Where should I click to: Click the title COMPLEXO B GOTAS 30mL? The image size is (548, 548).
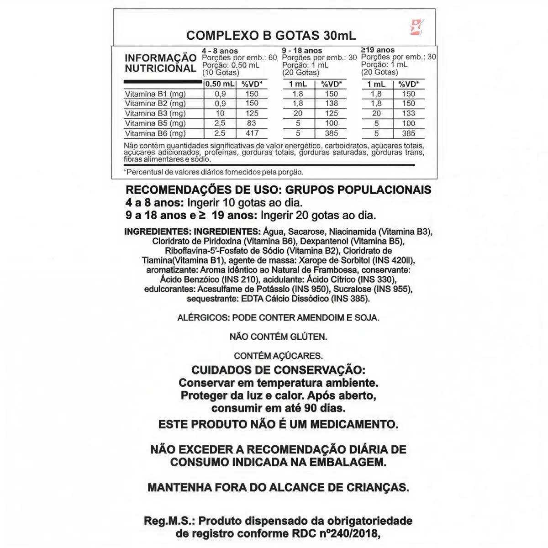pyautogui.click(x=271, y=36)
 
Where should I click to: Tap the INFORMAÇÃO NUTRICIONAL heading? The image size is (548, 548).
pyautogui.click(x=161, y=63)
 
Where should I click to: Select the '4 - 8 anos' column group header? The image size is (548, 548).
pyautogui.click(x=220, y=51)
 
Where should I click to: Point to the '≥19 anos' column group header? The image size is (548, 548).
pyautogui.click(x=378, y=50)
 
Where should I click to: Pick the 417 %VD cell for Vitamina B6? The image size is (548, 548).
pyautogui.click(x=252, y=133)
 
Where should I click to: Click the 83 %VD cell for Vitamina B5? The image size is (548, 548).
pyautogui.click(x=252, y=123)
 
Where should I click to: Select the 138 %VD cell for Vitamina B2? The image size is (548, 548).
pyautogui.click(x=332, y=104)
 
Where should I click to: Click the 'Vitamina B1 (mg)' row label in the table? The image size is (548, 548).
pyautogui.click(x=155, y=94)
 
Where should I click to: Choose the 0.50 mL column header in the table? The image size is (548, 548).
pyautogui.click(x=220, y=84)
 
